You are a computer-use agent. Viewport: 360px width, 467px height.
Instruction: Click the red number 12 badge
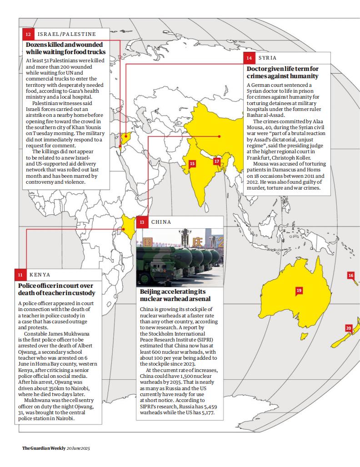[x=28, y=34]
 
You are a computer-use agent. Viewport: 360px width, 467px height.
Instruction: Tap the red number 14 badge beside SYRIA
[x=249, y=58]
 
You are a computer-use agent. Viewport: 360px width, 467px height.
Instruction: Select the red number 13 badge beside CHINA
[x=142, y=222]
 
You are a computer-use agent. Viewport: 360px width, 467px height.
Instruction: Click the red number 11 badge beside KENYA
[x=20, y=275]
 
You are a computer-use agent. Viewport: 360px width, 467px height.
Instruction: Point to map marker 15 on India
[x=192, y=163]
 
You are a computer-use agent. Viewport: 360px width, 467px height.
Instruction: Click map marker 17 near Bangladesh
[x=217, y=161]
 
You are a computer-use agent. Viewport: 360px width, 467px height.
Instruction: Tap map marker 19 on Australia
[x=299, y=291]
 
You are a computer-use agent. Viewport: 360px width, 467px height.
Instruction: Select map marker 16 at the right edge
[x=350, y=275]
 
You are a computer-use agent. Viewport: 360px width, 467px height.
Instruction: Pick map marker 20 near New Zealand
[x=349, y=328]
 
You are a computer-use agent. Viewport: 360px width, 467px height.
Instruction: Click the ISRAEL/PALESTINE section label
[x=66, y=34]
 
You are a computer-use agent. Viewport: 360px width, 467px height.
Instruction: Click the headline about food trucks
[x=64, y=49]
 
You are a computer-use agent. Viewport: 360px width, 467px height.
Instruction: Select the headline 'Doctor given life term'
[x=282, y=73]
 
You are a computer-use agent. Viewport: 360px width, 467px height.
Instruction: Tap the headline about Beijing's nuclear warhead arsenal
[x=175, y=295]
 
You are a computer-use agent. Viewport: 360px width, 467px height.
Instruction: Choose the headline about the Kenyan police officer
[x=57, y=289]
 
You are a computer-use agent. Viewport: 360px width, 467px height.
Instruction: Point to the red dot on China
[x=219, y=136]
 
